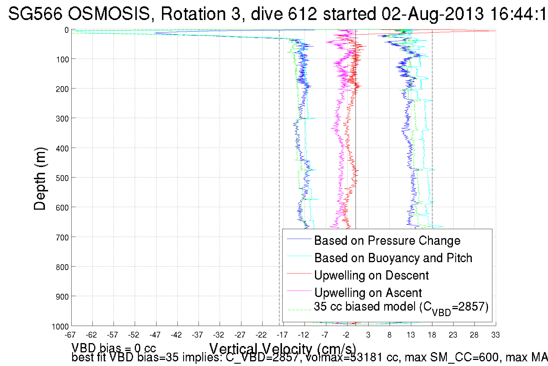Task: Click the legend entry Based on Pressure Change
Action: pos(387,241)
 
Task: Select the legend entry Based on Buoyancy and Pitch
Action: pos(393,258)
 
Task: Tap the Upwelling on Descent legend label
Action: pos(371,276)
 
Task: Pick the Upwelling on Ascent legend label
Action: pos(368,293)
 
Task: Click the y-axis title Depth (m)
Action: pos(40,179)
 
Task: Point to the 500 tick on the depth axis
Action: pos(62,178)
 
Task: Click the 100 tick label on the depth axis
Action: pos(62,60)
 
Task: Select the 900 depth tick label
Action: pos(62,297)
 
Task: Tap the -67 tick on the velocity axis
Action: pos(70,335)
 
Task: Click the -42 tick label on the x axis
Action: pos(176,335)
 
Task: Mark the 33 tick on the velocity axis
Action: pos(496,335)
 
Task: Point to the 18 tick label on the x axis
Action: pos(432,335)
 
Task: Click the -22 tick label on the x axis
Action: pos(261,335)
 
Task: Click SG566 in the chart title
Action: pos(35,14)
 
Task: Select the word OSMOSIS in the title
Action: pos(110,14)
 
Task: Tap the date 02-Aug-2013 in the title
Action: pos(432,14)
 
